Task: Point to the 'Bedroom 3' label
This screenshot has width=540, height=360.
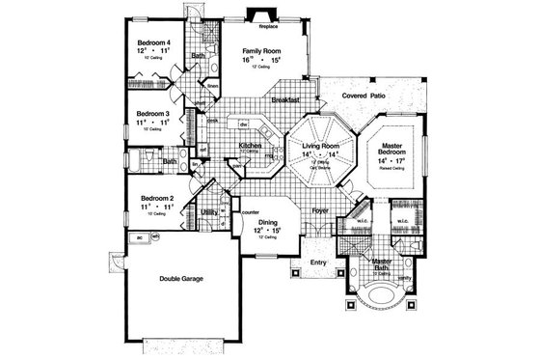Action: pos(153,113)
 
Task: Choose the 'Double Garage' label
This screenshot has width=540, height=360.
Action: pos(181,279)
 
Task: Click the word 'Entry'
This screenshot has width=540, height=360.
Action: pos(318,262)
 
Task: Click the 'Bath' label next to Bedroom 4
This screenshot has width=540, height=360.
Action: pos(197,57)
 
